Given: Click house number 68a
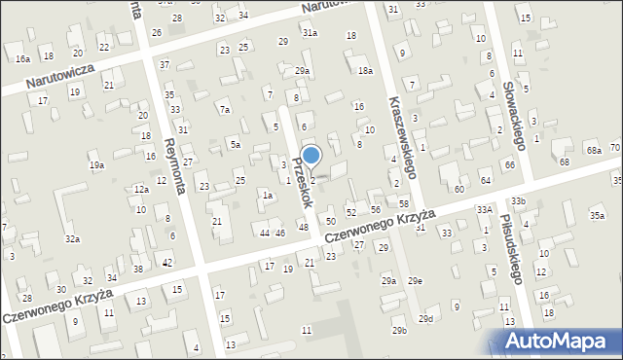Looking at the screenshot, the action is pyautogui.click(x=593, y=150).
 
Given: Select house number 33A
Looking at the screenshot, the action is pyautogui.click(x=484, y=209).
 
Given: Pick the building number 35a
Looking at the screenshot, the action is pyautogui.click(x=597, y=215).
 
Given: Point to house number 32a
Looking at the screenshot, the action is pyautogui.click(x=72, y=238).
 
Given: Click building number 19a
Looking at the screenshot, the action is pyautogui.click(x=96, y=165).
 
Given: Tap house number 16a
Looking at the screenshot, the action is pyautogui.click(x=22, y=59).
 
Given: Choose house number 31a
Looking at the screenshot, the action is pyautogui.click(x=309, y=32).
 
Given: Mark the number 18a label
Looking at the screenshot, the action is pyautogui.click(x=365, y=71).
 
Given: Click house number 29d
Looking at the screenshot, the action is pyautogui.click(x=425, y=318).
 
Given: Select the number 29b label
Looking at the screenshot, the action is pyautogui.click(x=399, y=331).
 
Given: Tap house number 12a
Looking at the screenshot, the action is pyautogui.click(x=141, y=189).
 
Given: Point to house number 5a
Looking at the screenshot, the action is pyautogui.click(x=235, y=145).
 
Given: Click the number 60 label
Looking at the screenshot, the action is pyautogui.click(x=458, y=189).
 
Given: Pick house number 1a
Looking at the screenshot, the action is pyautogui.click(x=266, y=196).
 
